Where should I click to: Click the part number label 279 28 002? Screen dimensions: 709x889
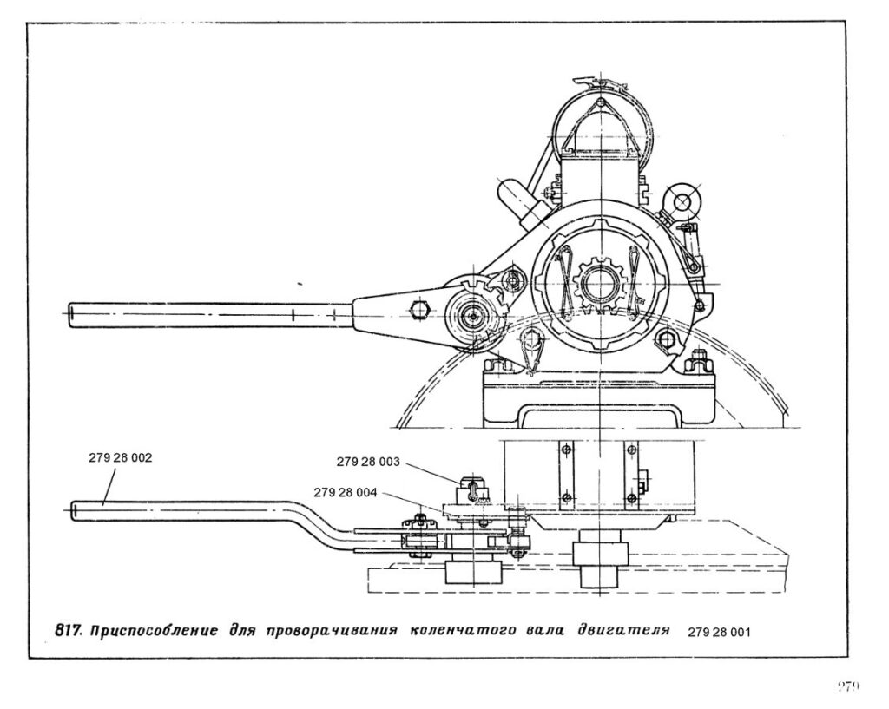point(121,457)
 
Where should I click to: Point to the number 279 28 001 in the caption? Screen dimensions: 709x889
point(718,632)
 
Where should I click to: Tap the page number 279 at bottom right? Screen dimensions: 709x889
point(848,686)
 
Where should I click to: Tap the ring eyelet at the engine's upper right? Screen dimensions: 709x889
point(680,201)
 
